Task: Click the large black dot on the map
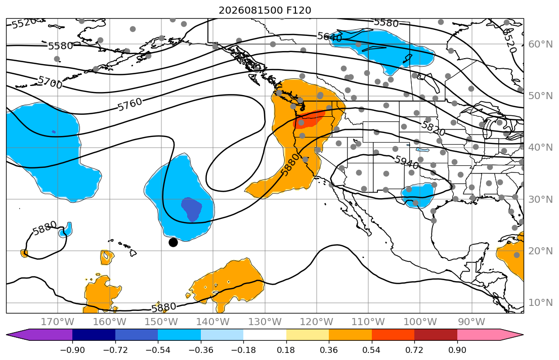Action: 173,242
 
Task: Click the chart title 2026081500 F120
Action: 265,10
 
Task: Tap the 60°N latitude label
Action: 540,44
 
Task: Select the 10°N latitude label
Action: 540,303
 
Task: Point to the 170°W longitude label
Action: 58,322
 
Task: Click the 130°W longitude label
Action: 265,322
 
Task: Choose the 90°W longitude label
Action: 471,322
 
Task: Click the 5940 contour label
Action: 407,162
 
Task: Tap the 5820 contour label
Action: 433,128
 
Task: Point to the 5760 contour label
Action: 130,104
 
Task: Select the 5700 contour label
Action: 50,82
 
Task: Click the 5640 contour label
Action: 330,37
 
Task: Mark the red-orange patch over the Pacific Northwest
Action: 309,119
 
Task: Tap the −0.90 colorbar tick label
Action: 72,350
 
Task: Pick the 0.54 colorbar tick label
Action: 371,350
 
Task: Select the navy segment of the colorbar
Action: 94,335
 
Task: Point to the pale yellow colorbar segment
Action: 307,335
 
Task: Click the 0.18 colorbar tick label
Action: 286,350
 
